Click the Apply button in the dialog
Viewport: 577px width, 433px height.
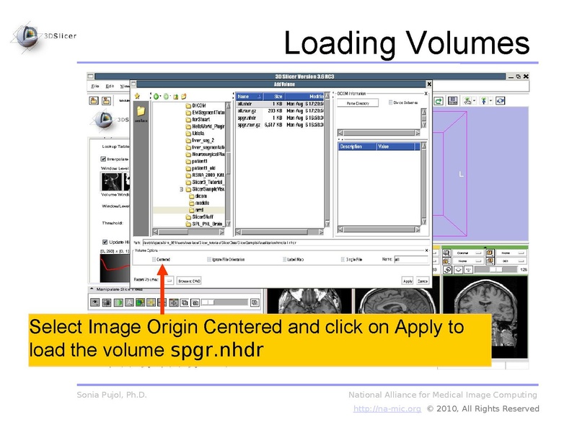click(x=408, y=280)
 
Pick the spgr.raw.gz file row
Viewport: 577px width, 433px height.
click(x=250, y=124)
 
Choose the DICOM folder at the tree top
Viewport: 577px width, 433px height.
click(x=198, y=105)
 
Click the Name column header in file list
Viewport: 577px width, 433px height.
click(x=245, y=96)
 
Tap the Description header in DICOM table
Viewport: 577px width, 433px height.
click(x=351, y=146)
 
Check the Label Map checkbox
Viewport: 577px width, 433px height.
click(x=286, y=258)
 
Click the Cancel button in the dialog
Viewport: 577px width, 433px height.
click(x=423, y=280)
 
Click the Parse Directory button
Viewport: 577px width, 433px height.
click(x=358, y=103)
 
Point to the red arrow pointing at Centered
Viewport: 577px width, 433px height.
click(x=164, y=289)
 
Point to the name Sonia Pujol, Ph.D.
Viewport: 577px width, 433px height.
click(x=112, y=395)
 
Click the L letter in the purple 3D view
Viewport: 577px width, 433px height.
click(x=462, y=174)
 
